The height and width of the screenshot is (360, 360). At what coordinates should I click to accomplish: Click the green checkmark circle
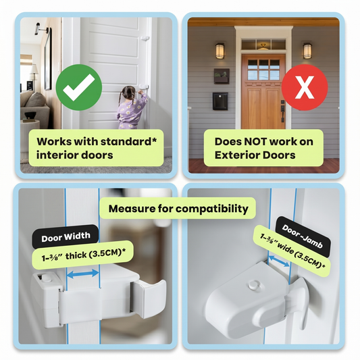(x=79, y=87)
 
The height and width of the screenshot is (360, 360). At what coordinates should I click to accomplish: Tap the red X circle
(x=305, y=87)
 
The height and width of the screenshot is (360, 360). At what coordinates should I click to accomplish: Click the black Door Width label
(x=66, y=237)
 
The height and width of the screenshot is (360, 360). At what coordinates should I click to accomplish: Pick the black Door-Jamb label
(x=303, y=236)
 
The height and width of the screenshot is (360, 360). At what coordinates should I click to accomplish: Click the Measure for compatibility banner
(x=178, y=209)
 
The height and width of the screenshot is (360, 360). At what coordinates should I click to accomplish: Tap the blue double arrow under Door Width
(x=83, y=274)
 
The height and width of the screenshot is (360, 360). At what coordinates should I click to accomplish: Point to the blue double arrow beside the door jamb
(x=279, y=261)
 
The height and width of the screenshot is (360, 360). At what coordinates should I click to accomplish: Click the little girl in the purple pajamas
(x=131, y=107)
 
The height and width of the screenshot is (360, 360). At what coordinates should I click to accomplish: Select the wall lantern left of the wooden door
(x=220, y=51)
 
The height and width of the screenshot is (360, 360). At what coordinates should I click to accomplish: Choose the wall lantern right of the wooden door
(x=307, y=51)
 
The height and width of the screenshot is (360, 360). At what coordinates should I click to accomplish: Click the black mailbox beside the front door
(x=220, y=101)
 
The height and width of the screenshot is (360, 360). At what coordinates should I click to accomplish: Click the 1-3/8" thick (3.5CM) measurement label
(x=83, y=255)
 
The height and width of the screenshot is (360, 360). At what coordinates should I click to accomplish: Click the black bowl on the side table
(x=30, y=115)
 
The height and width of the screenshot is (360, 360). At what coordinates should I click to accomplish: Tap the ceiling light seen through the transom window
(x=263, y=47)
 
